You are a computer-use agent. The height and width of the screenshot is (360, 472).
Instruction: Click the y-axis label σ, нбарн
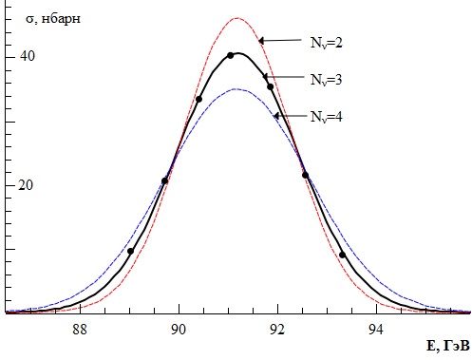click(53, 19)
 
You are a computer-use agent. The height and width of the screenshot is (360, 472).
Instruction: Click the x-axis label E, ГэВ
click(448, 346)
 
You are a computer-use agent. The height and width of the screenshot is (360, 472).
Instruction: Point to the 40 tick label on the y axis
click(28, 56)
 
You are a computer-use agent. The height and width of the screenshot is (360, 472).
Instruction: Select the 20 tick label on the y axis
click(26, 185)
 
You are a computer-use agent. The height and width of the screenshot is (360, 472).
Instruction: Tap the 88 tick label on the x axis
click(80, 330)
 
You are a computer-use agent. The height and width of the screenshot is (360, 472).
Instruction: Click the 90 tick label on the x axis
click(179, 330)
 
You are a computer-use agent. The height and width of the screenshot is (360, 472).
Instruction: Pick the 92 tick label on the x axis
click(277, 330)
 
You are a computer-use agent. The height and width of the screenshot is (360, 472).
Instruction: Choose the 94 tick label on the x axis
click(376, 330)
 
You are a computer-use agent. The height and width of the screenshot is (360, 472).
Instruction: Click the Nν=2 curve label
click(327, 43)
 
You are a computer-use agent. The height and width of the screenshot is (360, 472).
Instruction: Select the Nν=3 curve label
click(327, 80)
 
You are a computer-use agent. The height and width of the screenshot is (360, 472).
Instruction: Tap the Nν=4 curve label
click(327, 117)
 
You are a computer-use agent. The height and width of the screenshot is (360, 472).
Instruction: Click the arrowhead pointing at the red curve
click(261, 41)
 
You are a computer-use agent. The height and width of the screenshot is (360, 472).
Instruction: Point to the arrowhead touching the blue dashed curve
click(276, 116)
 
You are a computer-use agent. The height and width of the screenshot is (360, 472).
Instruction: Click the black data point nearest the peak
click(231, 55)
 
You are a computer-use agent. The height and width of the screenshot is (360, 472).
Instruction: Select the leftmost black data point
click(130, 251)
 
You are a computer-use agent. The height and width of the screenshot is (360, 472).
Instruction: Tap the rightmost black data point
click(342, 255)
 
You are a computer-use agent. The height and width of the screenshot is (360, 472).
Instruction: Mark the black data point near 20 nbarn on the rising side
click(164, 180)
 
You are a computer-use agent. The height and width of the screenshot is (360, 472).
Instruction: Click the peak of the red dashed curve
click(237, 18)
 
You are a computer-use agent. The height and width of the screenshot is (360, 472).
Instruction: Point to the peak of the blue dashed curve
click(235, 89)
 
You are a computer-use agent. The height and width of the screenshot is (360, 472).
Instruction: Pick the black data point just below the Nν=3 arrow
click(270, 86)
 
